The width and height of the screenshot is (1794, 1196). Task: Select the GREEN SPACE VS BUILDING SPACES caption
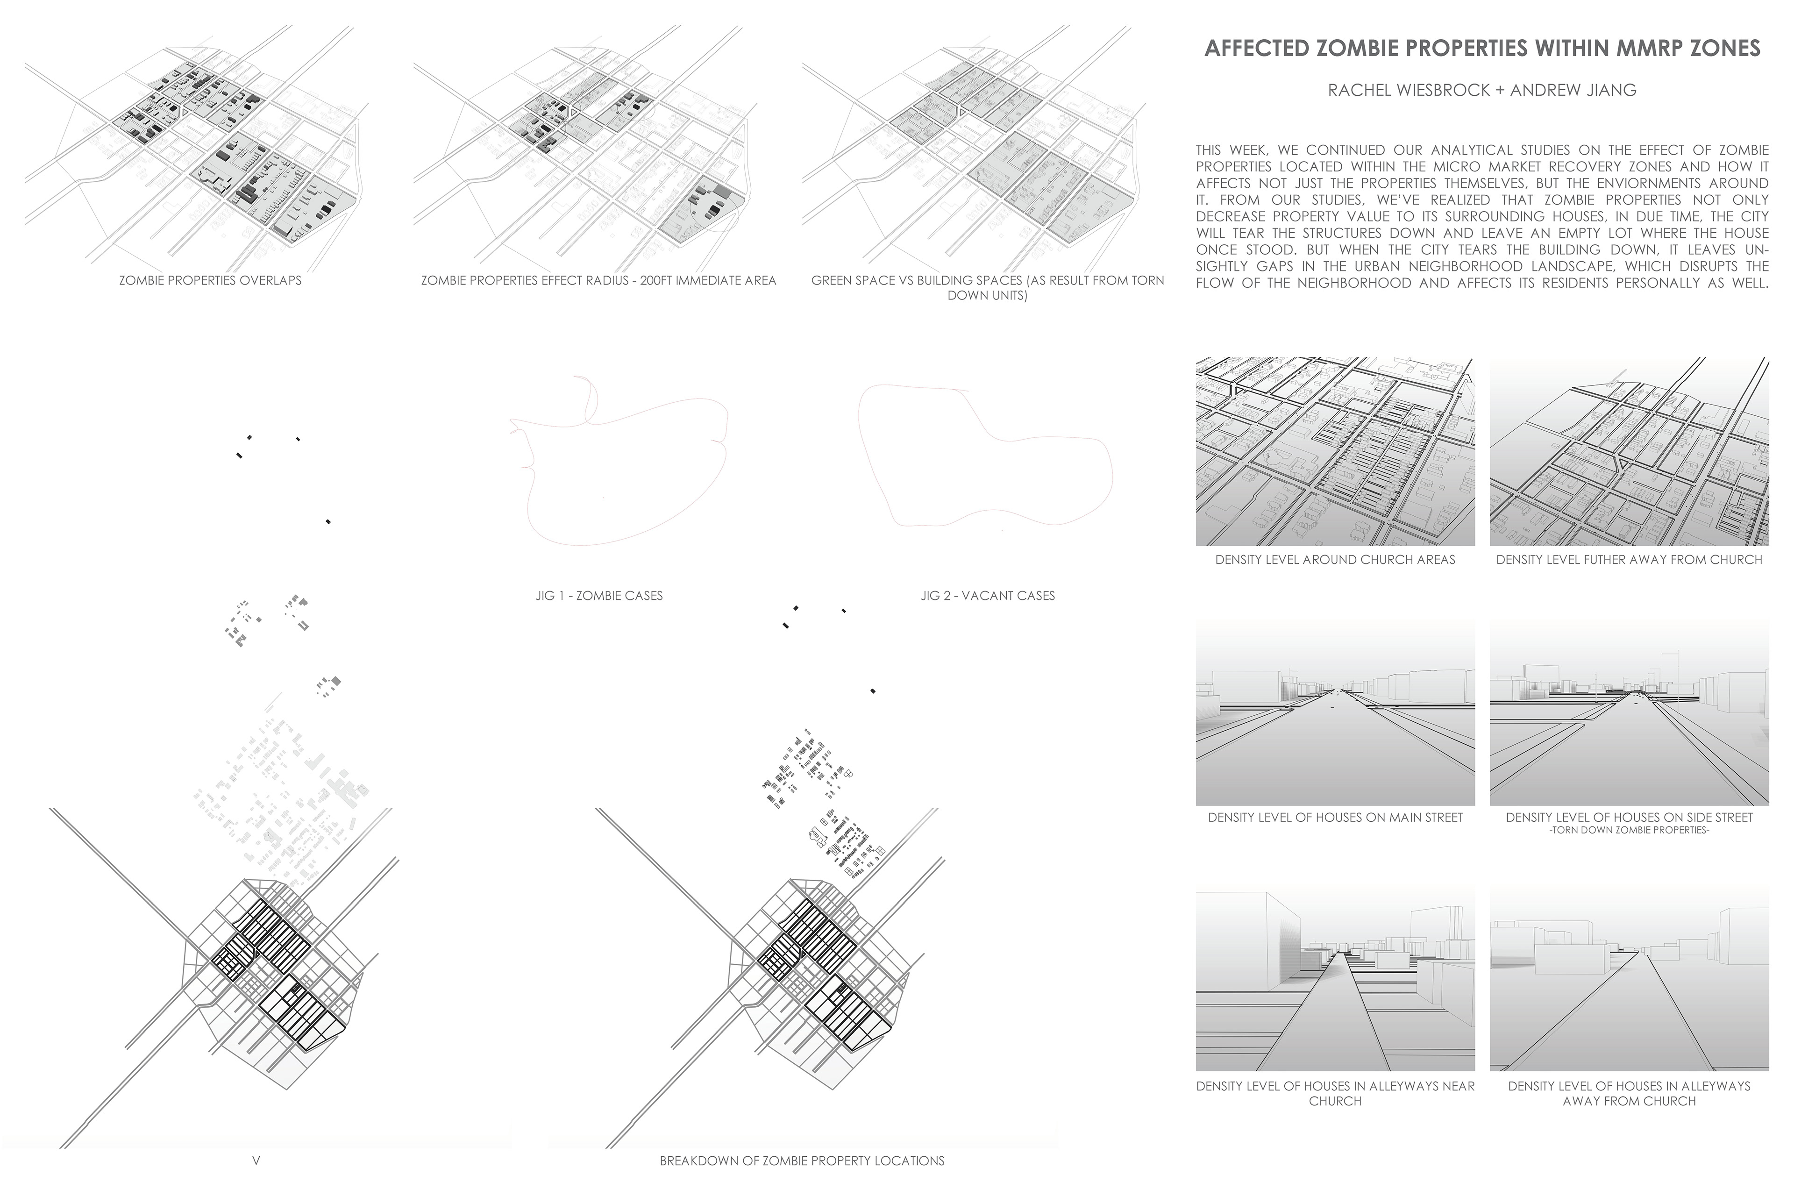point(987,287)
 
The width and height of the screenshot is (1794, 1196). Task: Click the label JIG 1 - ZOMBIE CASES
point(599,596)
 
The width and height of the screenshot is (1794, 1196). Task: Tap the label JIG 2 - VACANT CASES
point(987,596)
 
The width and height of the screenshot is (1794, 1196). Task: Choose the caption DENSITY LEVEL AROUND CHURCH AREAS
point(1335,560)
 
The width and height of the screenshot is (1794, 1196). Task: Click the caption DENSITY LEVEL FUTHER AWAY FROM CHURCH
point(1629,560)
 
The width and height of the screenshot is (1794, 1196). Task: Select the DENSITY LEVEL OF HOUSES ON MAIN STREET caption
point(1335,818)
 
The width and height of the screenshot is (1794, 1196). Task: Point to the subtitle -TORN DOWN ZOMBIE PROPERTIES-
point(1629,830)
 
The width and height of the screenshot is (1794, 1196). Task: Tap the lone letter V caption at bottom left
point(256,1161)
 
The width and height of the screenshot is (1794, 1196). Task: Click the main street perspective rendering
point(1335,713)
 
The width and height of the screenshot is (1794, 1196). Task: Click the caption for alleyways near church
point(1335,1093)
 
